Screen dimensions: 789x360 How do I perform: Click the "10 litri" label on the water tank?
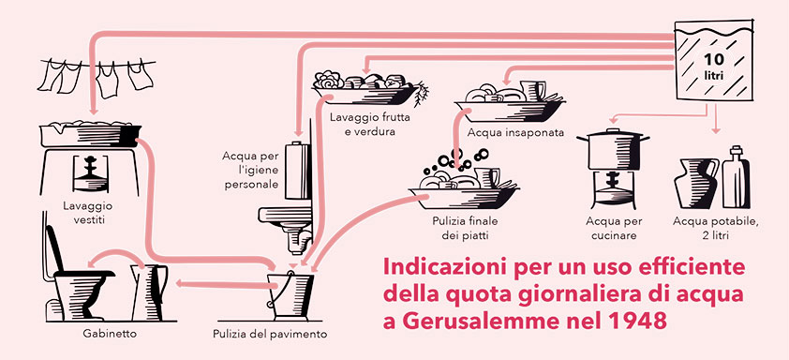click(713, 66)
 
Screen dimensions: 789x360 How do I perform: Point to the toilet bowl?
click(81, 294)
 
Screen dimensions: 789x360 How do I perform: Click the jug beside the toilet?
click(148, 292)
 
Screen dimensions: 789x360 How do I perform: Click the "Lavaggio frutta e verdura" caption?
click(369, 125)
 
